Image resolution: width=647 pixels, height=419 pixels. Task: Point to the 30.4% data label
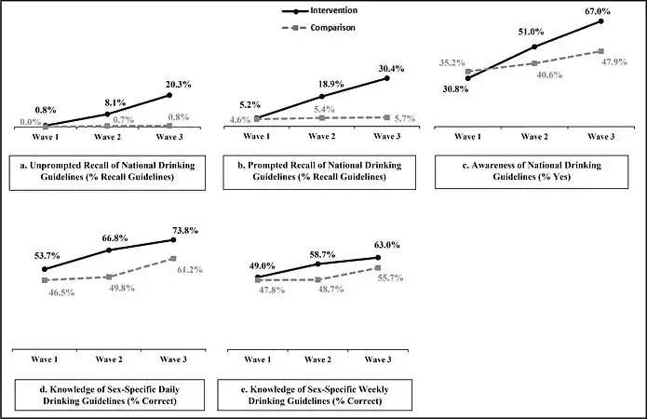pyautogui.click(x=390, y=67)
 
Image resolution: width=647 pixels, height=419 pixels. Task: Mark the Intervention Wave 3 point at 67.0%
pyautogui.click(x=600, y=20)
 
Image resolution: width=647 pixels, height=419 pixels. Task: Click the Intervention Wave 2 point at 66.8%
pyautogui.click(x=109, y=250)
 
